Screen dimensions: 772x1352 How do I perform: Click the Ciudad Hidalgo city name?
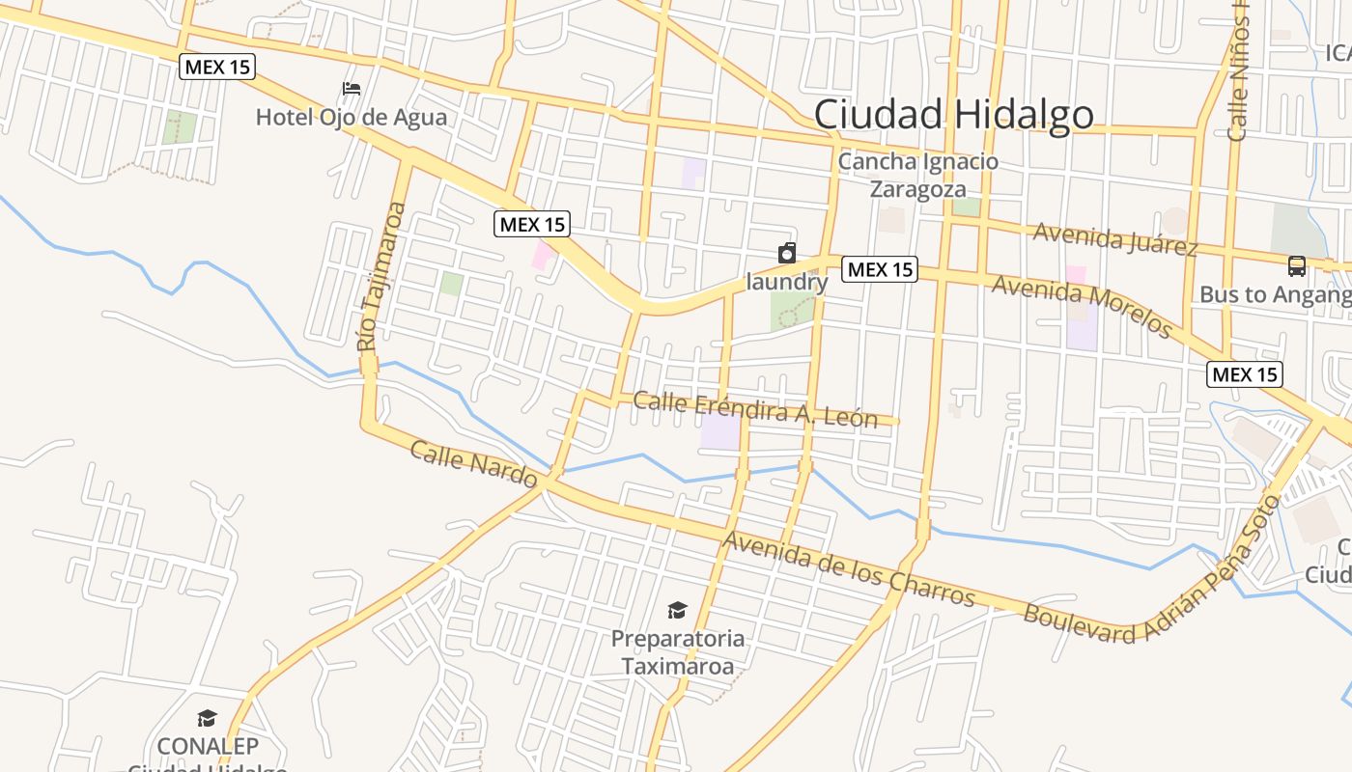click(x=953, y=115)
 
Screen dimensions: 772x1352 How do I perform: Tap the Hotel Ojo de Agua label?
click(x=352, y=118)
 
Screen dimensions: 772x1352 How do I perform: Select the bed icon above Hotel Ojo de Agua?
click(x=352, y=89)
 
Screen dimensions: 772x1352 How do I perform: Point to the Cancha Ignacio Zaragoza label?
click(x=917, y=175)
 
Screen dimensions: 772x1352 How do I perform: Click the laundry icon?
click(x=787, y=254)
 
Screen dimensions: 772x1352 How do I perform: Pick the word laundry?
click(x=787, y=282)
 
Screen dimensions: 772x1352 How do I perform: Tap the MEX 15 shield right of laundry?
click(x=879, y=269)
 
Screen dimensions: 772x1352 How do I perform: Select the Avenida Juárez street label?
click(x=1115, y=238)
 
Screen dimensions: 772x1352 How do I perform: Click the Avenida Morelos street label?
click(x=1082, y=306)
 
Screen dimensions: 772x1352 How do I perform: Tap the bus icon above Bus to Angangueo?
click(x=1297, y=265)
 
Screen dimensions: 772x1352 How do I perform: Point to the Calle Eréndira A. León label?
click(x=755, y=409)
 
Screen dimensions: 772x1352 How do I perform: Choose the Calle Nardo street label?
click(x=473, y=463)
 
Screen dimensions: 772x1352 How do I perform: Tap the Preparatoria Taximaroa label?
click(x=677, y=652)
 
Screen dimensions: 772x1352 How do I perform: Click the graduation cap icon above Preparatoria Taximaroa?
click(x=677, y=610)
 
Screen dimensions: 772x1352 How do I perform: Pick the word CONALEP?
click(x=208, y=746)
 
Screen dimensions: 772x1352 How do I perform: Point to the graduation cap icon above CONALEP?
click(x=207, y=718)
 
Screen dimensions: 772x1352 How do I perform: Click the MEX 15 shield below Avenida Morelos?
click(x=1245, y=373)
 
